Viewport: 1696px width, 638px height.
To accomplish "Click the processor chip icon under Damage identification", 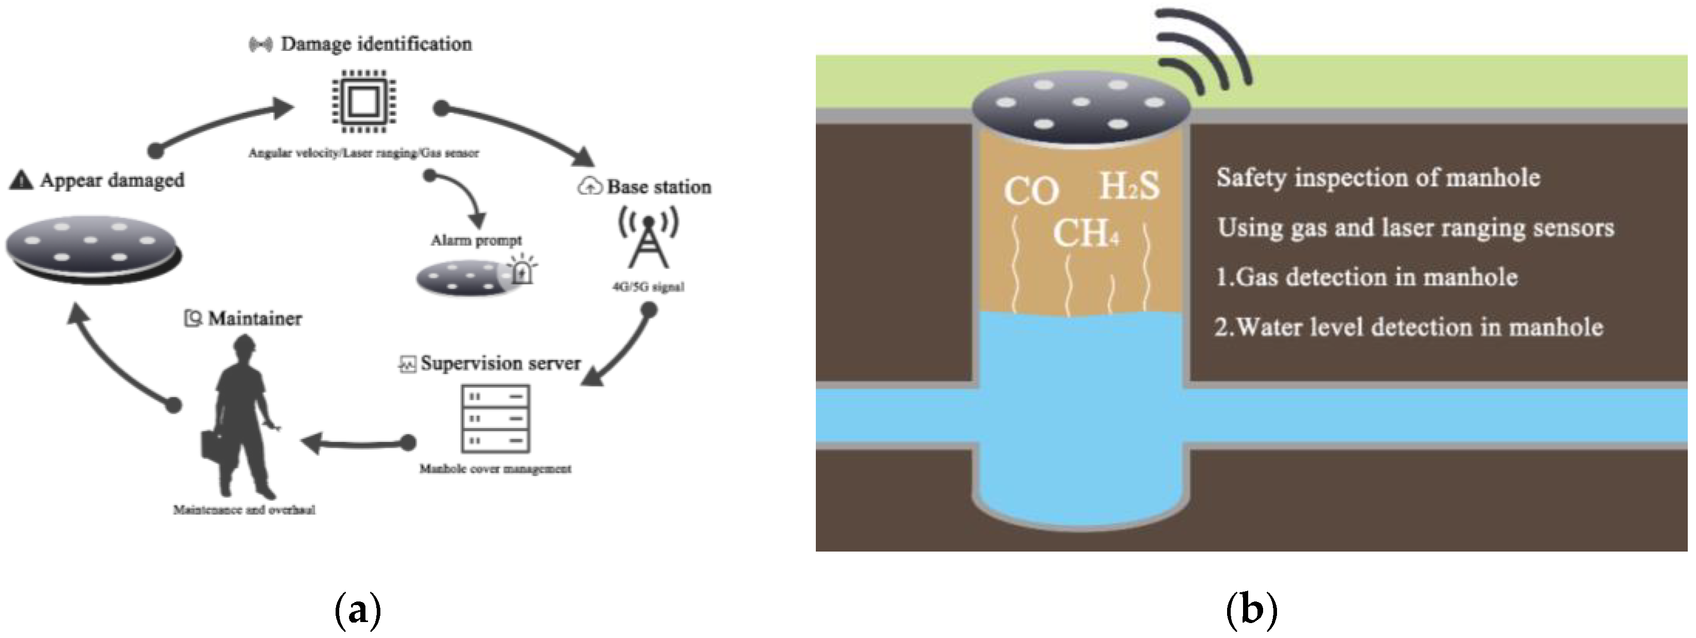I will click(364, 101).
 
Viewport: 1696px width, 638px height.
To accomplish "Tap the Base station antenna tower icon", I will click(648, 241).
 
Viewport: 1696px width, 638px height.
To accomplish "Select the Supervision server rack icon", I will click(495, 419).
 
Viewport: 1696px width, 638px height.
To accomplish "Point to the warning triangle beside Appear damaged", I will click(21, 179).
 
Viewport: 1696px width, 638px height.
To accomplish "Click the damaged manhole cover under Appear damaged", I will click(93, 250).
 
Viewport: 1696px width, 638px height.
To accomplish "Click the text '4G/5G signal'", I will click(648, 287).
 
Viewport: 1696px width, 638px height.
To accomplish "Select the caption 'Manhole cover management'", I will click(495, 469).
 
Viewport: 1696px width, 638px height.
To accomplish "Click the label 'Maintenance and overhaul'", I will click(243, 509).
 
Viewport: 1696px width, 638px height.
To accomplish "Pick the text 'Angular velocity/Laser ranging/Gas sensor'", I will click(363, 153).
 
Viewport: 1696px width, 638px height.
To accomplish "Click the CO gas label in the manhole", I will click(1030, 191).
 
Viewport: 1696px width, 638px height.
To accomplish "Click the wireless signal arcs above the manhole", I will click(1205, 52).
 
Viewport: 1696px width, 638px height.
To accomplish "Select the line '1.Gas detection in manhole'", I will click(1366, 277).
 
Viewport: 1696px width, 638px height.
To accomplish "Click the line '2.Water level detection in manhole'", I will click(1408, 327).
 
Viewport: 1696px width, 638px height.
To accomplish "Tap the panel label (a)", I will click(358, 610).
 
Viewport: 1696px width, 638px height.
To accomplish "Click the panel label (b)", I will click(1251, 610).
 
